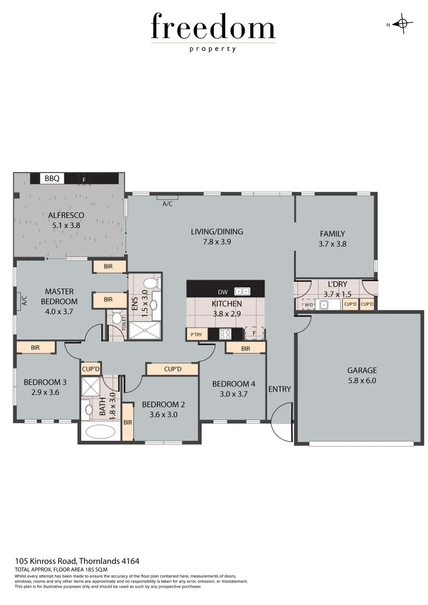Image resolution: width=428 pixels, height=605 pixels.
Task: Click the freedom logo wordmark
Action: coord(213,28)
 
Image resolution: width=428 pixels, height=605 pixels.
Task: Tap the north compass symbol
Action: coord(402,24)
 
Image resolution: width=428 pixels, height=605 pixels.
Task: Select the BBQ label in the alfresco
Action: coord(54,179)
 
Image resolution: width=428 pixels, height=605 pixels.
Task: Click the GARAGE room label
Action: coord(362,370)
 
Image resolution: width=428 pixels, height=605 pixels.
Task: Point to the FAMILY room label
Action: coord(332,234)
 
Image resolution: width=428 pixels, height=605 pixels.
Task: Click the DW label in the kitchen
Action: coord(222,292)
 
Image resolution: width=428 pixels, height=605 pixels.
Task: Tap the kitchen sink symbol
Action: coord(242,292)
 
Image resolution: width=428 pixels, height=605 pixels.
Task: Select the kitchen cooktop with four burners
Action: coord(225,334)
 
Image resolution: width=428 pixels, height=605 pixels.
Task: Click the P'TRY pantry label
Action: coord(196,335)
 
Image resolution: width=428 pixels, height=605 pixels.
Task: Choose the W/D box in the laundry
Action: coord(309,304)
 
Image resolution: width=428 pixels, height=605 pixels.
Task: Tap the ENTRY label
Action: coord(280,389)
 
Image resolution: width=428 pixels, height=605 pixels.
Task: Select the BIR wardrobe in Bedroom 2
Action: coord(127,422)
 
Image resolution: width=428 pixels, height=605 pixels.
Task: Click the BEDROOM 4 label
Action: coord(234,384)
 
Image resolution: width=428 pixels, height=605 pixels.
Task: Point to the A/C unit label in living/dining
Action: coord(167,204)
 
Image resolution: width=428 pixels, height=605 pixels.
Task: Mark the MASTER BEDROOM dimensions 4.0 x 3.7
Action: coord(60,311)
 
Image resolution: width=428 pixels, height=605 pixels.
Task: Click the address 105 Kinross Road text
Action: coord(77,560)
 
